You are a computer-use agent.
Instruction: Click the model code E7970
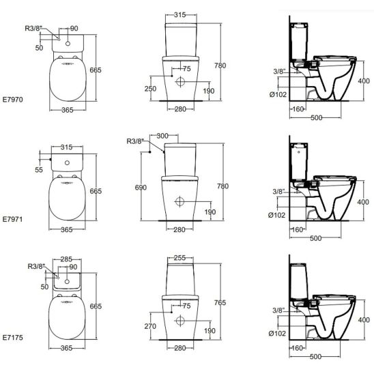point(13,100)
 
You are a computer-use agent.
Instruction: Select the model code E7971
point(13,219)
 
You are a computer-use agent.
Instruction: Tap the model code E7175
point(13,338)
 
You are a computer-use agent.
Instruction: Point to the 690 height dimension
point(141,188)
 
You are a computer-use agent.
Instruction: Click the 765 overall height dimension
point(220,302)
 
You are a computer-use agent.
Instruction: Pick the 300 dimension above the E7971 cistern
point(162,136)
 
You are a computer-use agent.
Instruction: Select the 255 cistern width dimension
point(179,258)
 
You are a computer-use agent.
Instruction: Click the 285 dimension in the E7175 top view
point(66,259)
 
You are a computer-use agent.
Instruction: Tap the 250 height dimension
point(150,89)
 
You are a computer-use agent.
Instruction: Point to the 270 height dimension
point(150,326)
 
